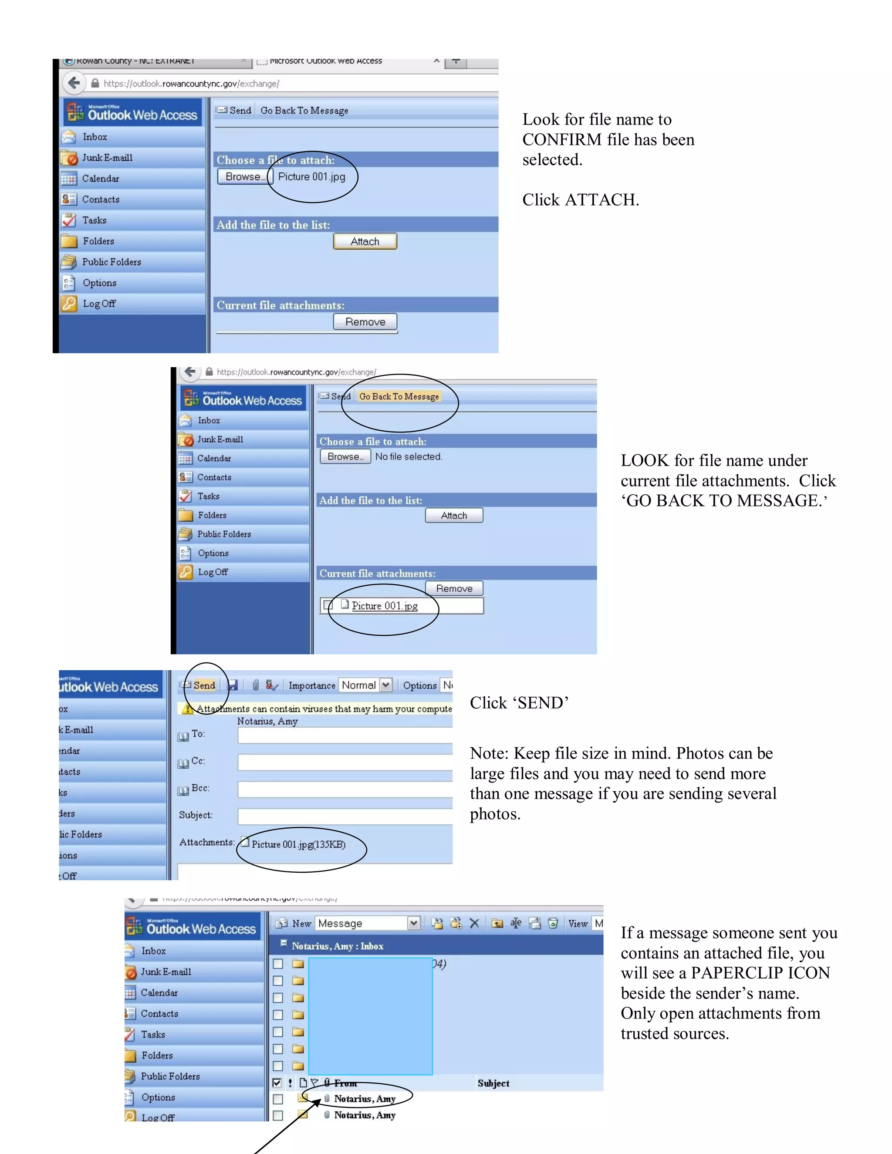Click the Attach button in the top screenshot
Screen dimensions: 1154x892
click(365, 242)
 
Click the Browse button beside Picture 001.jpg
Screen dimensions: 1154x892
click(244, 176)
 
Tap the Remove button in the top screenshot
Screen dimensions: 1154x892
click(365, 322)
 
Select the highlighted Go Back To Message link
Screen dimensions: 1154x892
click(399, 396)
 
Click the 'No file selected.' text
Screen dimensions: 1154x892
click(409, 456)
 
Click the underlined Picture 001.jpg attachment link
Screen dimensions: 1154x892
click(385, 606)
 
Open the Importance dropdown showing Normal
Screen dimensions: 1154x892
click(366, 685)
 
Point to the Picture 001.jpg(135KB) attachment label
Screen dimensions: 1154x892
click(298, 844)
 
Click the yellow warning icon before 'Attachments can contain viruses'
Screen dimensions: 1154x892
click(186, 709)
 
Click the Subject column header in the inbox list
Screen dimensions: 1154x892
click(493, 1083)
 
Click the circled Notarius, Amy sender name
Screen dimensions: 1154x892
click(365, 1099)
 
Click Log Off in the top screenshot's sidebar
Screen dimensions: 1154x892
click(99, 304)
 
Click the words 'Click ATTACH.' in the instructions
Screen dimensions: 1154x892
click(580, 200)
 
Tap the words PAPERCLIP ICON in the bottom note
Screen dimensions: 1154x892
click(760, 973)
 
